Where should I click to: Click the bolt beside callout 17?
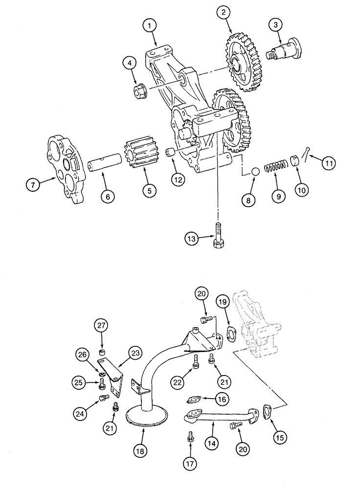[222, 399]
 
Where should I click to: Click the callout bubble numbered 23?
[228, 334]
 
